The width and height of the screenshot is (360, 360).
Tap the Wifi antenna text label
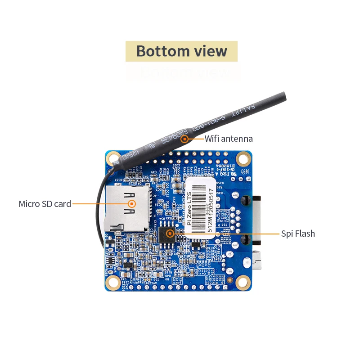(229, 139)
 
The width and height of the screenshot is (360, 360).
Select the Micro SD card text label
(45, 204)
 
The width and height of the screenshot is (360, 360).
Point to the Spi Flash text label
(298, 234)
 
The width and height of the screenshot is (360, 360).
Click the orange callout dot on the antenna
(184, 139)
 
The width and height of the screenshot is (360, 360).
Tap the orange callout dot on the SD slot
(132, 204)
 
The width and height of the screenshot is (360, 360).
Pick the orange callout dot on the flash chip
(170, 233)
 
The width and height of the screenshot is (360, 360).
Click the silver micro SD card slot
(126, 209)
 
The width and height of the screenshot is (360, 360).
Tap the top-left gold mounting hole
(112, 158)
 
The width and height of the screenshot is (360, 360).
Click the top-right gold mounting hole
(243, 158)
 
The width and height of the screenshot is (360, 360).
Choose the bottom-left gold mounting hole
(112, 282)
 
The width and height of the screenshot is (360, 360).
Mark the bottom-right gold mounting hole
(243, 282)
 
